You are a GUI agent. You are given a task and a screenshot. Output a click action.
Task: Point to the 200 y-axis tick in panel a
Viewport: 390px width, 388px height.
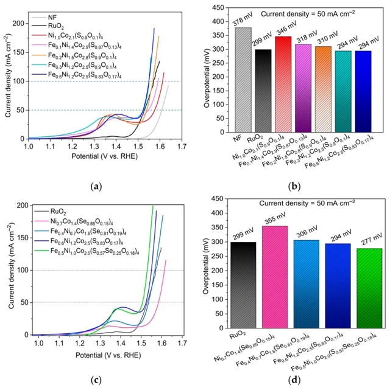pyautogui.click(x=20, y=23)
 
